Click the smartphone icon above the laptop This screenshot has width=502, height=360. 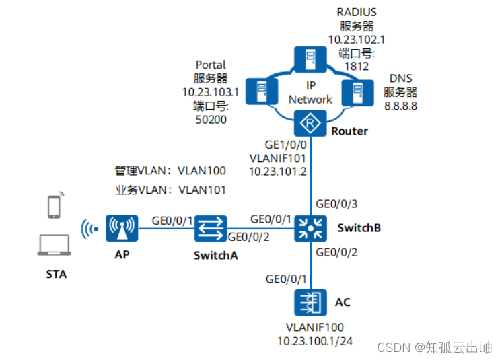tap(55, 206)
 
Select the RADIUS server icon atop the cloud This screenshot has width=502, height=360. tap(310, 60)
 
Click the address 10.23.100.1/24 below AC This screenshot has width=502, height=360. tap(310, 341)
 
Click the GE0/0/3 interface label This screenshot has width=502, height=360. tap(337, 203)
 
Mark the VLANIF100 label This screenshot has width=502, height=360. tap(310, 328)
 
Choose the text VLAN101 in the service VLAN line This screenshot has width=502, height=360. tap(202, 190)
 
